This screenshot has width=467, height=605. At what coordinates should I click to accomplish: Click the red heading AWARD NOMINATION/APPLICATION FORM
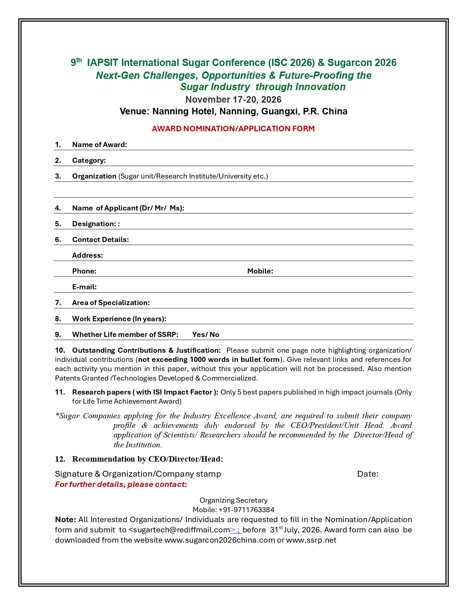pos(233,129)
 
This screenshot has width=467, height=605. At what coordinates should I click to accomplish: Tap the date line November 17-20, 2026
pos(233,100)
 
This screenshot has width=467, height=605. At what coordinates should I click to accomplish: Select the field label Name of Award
pos(99,144)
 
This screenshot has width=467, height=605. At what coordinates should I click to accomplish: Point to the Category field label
pos(89,160)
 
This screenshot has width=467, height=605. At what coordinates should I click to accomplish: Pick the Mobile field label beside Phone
pos(260,271)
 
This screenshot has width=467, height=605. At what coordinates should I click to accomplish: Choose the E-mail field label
pos(84,287)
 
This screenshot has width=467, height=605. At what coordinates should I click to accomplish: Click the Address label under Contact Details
pos(87,255)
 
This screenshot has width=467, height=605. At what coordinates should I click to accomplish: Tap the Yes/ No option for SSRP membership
pos(205,334)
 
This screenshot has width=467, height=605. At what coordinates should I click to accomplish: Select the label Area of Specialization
pos(111,302)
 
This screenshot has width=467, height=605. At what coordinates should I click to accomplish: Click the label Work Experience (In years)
pos(119,319)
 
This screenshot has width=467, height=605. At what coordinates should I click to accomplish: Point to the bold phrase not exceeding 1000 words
pos(209,359)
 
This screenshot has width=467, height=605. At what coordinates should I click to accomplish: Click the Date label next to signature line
pos(368,474)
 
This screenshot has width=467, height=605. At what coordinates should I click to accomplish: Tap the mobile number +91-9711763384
pos(246,510)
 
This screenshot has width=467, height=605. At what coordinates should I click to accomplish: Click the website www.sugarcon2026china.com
pos(219,540)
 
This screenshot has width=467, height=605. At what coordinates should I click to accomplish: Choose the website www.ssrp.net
pos(311,540)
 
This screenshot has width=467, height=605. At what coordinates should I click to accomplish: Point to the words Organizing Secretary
pos(233,500)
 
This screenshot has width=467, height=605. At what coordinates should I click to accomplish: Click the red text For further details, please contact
pos(121,484)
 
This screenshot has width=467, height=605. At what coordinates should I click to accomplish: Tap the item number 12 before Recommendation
pos(60,459)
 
